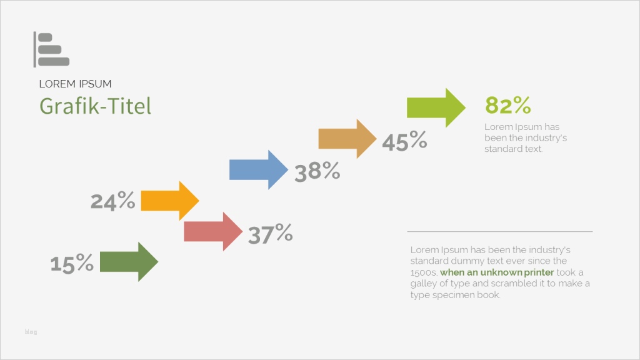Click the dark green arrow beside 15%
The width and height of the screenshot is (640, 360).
pyautogui.click(x=129, y=262)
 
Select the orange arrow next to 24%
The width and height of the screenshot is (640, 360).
pyautogui.click(x=170, y=201)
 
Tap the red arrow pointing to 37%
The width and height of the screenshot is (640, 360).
pyautogui.click(x=213, y=231)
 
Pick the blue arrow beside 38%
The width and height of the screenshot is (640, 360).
pyautogui.click(x=259, y=170)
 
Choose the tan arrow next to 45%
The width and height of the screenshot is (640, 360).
pyautogui.click(x=347, y=139)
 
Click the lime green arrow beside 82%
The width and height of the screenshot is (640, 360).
pyautogui.click(x=436, y=107)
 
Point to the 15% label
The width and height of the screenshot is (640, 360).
pyautogui.click(x=72, y=263)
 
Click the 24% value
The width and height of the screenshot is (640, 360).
pyautogui.click(x=112, y=201)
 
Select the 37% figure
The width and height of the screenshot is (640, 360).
pyautogui.click(x=270, y=234)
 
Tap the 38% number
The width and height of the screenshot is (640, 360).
pyautogui.click(x=317, y=171)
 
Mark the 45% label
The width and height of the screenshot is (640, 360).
pyautogui.click(x=404, y=141)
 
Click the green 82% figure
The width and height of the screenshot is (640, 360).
pyautogui.click(x=507, y=105)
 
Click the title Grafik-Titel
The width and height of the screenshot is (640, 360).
pyautogui.click(x=95, y=106)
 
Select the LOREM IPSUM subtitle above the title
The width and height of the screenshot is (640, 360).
pyautogui.click(x=75, y=84)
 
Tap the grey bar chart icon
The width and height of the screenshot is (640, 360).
pyautogui.click(x=51, y=49)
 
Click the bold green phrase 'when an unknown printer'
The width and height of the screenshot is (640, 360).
pyautogui.click(x=497, y=272)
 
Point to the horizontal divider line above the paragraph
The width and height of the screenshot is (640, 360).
pyautogui.click(x=499, y=231)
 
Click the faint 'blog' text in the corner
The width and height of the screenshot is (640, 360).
pyautogui.click(x=31, y=332)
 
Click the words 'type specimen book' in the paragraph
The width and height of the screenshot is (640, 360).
pyautogui.click(x=455, y=295)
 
